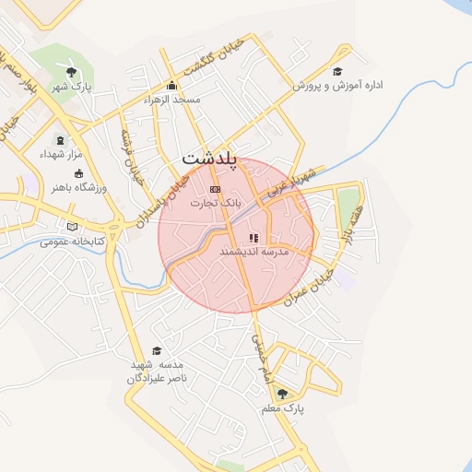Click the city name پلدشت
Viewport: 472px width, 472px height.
210,159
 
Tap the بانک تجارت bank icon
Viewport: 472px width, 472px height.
215,188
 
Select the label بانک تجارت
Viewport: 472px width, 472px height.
215,201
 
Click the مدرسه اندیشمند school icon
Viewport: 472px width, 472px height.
254,238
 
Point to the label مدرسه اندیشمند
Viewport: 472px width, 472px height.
254,251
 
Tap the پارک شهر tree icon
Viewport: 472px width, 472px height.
71,71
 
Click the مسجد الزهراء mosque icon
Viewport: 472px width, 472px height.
171,86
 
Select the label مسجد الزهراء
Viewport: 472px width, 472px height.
171,99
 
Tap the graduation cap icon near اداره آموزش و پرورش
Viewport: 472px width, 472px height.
337,71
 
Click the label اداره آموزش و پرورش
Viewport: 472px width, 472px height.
337,85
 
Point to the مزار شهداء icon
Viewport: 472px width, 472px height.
61,140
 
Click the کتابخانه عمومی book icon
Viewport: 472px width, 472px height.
72,227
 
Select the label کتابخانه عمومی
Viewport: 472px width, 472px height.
72,242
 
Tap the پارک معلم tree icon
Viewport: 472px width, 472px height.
282,393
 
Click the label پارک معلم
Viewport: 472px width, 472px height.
288,407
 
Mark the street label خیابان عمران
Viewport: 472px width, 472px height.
308,287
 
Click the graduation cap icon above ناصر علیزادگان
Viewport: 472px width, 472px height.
157,350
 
